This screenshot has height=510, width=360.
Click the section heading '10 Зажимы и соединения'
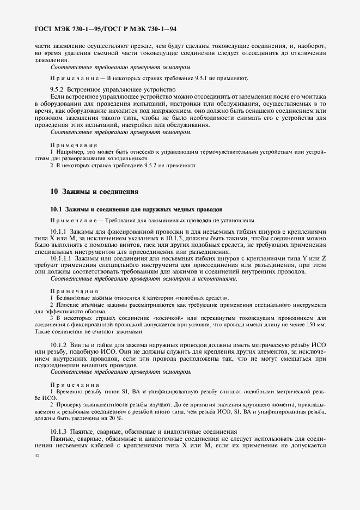94,192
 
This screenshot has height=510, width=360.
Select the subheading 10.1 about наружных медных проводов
136,209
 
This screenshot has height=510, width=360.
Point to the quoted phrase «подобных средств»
208,298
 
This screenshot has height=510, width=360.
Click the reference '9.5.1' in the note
206,78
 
